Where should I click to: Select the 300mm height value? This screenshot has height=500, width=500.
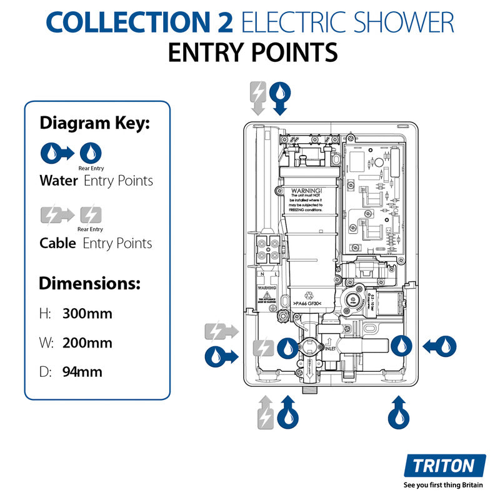pyautogui.click(x=87, y=313)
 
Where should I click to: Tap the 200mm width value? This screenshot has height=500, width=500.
pyautogui.click(x=87, y=342)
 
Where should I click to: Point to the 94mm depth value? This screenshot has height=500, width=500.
pyautogui.click(x=82, y=372)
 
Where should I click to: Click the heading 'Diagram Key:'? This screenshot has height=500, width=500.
pyautogui.click(x=95, y=123)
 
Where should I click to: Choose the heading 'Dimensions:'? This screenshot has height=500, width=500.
pyautogui.click(x=89, y=283)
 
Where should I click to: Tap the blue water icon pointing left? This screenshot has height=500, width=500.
pyautogui.click(x=441, y=345)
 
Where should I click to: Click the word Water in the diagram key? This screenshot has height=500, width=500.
pyautogui.click(x=59, y=181)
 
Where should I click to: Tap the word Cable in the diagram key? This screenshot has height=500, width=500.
pyautogui.click(x=58, y=243)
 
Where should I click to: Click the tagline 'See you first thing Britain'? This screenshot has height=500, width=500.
pyautogui.click(x=444, y=485)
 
